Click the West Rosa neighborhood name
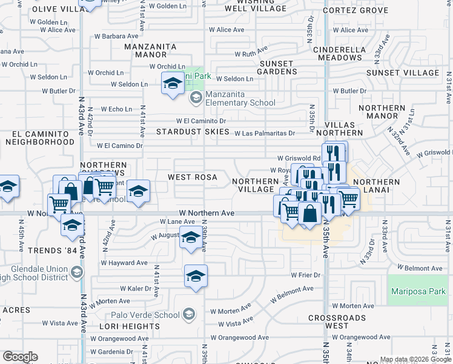pos(188,177)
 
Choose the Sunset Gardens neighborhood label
pos(276,67)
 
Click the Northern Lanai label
pos(377,186)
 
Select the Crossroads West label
pos(337,322)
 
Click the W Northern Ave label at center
pos(207,214)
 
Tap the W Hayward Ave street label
pos(124,263)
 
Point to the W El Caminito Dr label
pos(201,121)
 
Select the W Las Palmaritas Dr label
pos(265,133)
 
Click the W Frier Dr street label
pos(305,275)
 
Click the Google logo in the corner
pos(20,356)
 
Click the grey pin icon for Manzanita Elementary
pos(196,97)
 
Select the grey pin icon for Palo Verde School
pos(189,314)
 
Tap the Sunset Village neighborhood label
pos(402,73)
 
